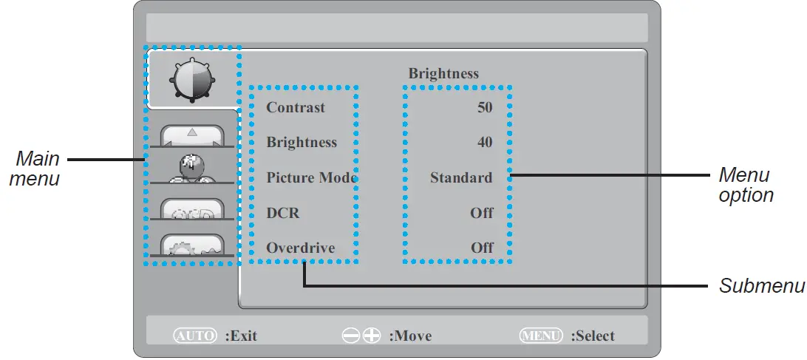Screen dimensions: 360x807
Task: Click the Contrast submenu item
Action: point(296,108)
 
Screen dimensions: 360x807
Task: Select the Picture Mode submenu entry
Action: point(311,177)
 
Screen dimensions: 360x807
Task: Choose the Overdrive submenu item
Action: point(301,248)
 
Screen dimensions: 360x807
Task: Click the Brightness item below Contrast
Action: point(302,143)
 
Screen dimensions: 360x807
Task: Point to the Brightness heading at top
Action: point(443,73)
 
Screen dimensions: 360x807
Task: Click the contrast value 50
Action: point(485,108)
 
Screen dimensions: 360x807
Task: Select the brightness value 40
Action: point(485,143)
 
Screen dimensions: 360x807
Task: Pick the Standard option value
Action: point(461,177)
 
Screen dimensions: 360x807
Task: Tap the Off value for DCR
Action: point(482,213)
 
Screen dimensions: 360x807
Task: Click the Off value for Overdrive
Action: point(482,248)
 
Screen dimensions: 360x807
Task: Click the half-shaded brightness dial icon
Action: point(191,79)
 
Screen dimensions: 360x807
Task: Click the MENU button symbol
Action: point(542,336)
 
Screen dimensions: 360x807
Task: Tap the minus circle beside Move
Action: point(350,336)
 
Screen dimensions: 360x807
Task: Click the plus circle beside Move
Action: point(372,336)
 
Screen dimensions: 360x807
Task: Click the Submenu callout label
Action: point(761,286)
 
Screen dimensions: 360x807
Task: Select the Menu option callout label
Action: point(746,185)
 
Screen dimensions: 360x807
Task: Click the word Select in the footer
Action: point(596,336)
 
